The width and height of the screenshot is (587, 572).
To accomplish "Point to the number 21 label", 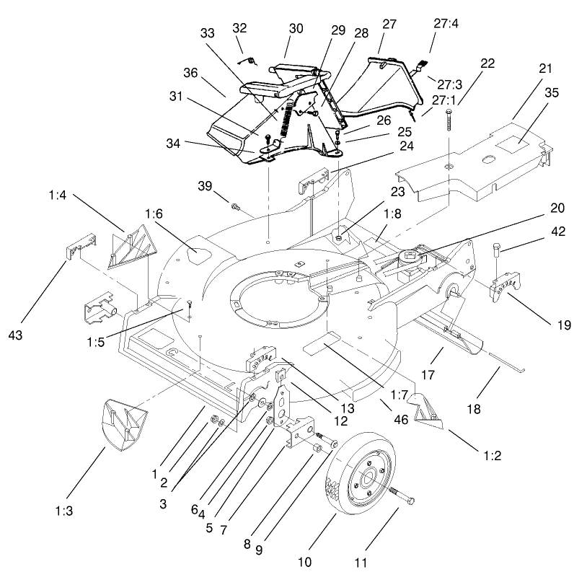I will tap(544, 69).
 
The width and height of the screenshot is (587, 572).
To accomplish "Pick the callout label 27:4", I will tap(446, 23).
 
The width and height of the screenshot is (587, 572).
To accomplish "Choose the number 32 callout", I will tap(239, 28).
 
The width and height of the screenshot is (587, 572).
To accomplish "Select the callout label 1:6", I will tap(154, 214).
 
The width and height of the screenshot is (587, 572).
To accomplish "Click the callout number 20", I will tap(556, 208).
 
